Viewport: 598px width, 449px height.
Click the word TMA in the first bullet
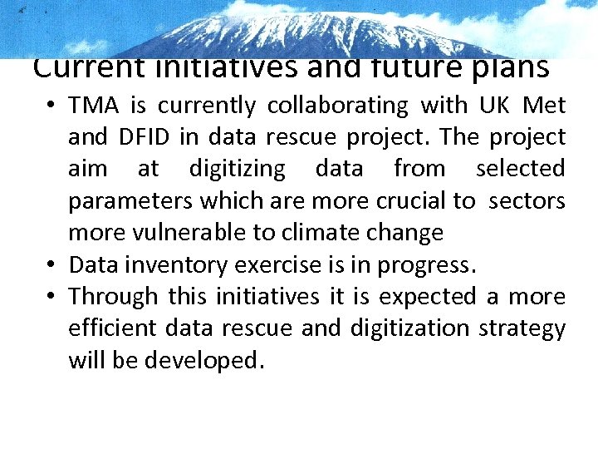tap(89, 106)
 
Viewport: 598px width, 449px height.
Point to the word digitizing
tap(237, 169)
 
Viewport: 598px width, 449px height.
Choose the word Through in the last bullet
tap(113, 297)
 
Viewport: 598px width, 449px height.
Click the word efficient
tap(112, 328)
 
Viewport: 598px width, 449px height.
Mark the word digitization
tap(403, 328)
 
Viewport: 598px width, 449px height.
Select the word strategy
tap(522, 329)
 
